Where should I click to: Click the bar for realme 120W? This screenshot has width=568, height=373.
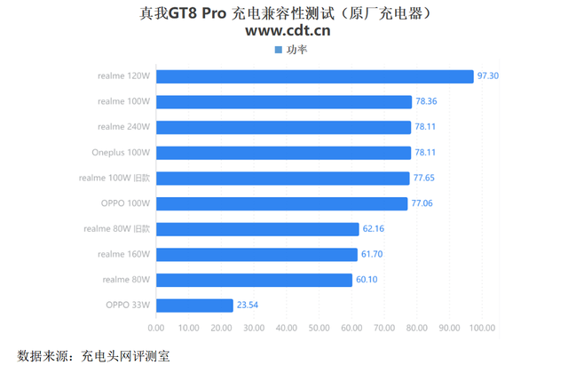pyautogui.click(x=315, y=76)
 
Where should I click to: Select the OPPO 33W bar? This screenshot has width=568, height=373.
pyautogui.click(x=194, y=306)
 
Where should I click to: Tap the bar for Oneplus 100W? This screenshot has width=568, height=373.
pyautogui.click(x=283, y=153)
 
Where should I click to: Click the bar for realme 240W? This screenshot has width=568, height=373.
pyautogui.click(x=283, y=127)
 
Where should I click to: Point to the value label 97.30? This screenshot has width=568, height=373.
pyautogui.click(x=488, y=76)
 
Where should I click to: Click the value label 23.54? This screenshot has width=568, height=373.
pyautogui.click(x=248, y=306)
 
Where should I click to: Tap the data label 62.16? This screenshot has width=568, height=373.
pyautogui.click(x=374, y=229)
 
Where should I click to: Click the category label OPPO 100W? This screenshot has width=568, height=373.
pyautogui.click(x=126, y=203)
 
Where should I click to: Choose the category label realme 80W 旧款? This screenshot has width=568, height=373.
pyautogui.click(x=117, y=229)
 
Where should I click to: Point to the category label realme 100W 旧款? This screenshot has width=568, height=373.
pyautogui.click(x=114, y=179)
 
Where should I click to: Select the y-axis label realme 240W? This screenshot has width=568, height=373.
pyautogui.click(x=124, y=127)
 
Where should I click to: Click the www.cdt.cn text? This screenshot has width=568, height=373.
pyautogui.click(x=288, y=32)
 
